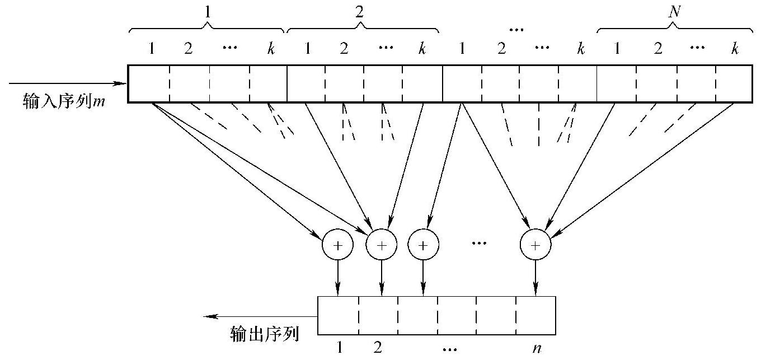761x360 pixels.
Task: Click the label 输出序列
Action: pos(264,334)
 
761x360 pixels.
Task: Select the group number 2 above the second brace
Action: pos(359,12)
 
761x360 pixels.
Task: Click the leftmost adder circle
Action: pos(338,245)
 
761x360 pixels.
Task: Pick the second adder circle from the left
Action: pos(382,245)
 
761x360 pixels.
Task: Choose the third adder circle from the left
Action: pos(423,245)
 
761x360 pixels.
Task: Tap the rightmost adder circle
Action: pos(536,245)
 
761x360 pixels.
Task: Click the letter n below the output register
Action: pos(536,348)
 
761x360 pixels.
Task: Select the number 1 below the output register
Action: pos(339,348)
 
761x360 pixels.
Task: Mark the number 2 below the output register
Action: pos(378,348)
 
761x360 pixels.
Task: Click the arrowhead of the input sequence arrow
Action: pos(123,84)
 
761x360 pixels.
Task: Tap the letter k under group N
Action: pos(734,49)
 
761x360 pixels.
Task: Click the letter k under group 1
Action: pos(271,49)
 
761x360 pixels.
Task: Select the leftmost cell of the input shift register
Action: pos(148,84)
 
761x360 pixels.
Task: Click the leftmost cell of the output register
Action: pos(338,315)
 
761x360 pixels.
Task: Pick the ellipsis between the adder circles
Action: pos(480,243)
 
